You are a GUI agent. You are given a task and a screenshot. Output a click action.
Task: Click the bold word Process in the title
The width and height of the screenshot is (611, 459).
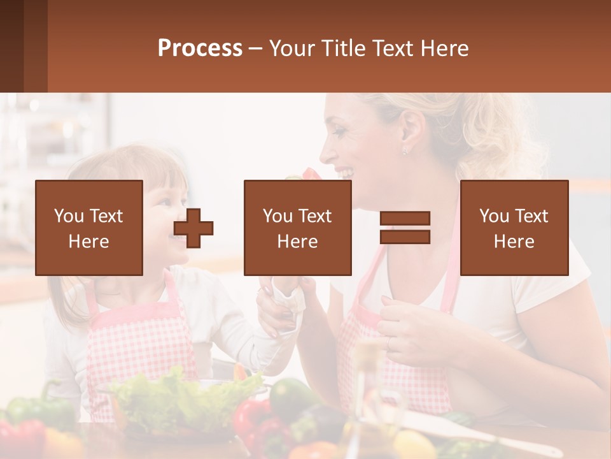point(200,48)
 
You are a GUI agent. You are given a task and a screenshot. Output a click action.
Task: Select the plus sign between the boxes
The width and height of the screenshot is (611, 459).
point(193,228)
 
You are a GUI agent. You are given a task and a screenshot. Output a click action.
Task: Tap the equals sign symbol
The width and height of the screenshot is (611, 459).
point(405,228)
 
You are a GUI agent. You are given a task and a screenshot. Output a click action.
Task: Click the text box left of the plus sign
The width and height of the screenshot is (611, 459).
point(88,228)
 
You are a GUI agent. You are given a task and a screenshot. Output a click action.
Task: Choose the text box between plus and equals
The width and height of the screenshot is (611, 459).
point(297,228)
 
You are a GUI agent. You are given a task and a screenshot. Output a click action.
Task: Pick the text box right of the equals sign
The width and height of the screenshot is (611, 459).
point(514,228)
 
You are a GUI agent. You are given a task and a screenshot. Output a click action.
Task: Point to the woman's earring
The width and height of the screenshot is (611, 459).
point(405,152)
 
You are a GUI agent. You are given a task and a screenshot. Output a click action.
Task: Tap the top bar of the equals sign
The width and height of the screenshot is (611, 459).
point(405,219)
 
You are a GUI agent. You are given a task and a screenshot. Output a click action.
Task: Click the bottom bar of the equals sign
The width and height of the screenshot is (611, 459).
point(405,237)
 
